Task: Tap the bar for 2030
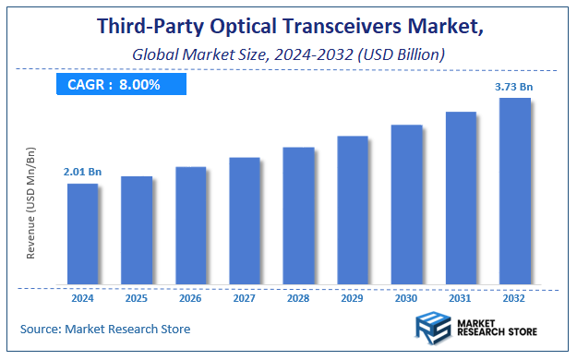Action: tap(407, 203)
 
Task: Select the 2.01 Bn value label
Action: tap(82, 172)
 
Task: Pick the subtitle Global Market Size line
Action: tap(288, 54)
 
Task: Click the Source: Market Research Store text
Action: tap(104, 329)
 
